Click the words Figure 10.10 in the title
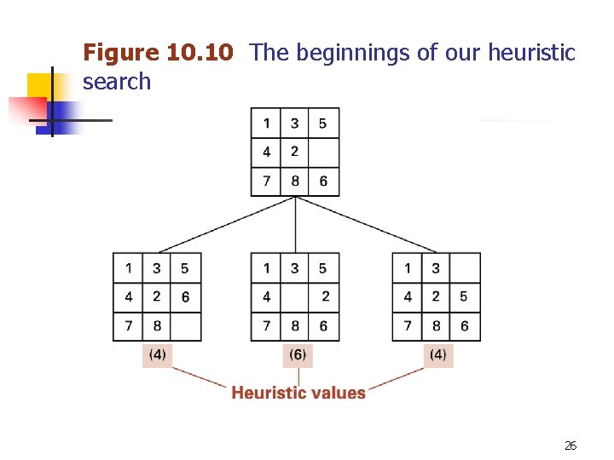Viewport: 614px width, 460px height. click(x=157, y=53)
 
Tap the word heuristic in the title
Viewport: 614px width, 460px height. click(x=531, y=53)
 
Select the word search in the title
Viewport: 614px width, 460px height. click(x=117, y=82)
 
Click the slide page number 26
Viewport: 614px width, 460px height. click(x=571, y=446)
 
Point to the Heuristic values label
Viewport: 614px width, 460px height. click(x=298, y=393)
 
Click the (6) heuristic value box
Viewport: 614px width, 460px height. click(x=298, y=354)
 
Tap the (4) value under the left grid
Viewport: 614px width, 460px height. click(x=157, y=354)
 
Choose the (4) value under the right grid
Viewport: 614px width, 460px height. click(x=438, y=354)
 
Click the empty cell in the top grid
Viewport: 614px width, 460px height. click(x=323, y=152)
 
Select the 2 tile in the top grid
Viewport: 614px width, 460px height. click(x=295, y=152)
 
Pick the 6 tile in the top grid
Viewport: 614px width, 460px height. click(x=323, y=181)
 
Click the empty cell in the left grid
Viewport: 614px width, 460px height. click(x=185, y=326)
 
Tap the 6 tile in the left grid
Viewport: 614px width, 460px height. click(x=185, y=297)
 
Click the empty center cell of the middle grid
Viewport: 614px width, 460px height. click(x=295, y=297)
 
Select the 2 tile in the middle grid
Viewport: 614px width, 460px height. click(x=324, y=297)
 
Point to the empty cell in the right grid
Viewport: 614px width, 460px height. click(x=465, y=268)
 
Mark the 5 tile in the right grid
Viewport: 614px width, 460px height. click(x=465, y=297)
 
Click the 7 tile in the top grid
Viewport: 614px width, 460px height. click(x=267, y=181)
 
